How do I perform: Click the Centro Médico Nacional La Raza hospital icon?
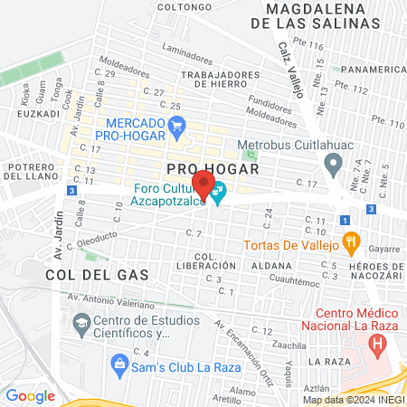pyautogui.click(x=378, y=344)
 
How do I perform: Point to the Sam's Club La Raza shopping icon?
pyautogui.click(x=118, y=364)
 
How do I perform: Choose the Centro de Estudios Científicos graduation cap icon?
pyautogui.click(x=80, y=323)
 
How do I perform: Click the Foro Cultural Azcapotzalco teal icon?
pyautogui.click(x=218, y=191)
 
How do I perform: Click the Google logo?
pyautogui.click(x=30, y=395)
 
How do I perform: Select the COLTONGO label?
pyautogui.click(x=184, y=6)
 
